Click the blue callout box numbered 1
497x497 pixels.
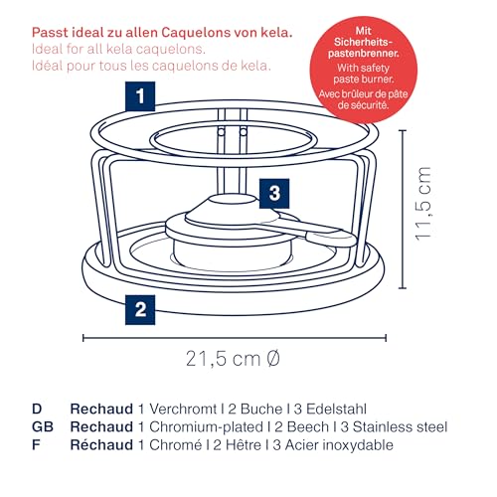140,96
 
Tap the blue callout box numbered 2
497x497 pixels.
140,310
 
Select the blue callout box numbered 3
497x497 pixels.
274,194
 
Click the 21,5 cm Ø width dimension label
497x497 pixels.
233,359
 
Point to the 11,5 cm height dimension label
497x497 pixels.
423,204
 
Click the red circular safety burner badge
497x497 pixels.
364,70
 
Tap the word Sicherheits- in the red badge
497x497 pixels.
363,42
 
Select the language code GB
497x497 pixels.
43,426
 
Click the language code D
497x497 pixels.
37,409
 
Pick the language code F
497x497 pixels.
36,444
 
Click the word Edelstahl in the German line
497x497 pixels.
336,409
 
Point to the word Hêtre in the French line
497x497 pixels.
244,444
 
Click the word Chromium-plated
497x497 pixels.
206,427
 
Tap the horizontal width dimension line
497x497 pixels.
235,338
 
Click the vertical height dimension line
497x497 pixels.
403,210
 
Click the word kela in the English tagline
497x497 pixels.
120,49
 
